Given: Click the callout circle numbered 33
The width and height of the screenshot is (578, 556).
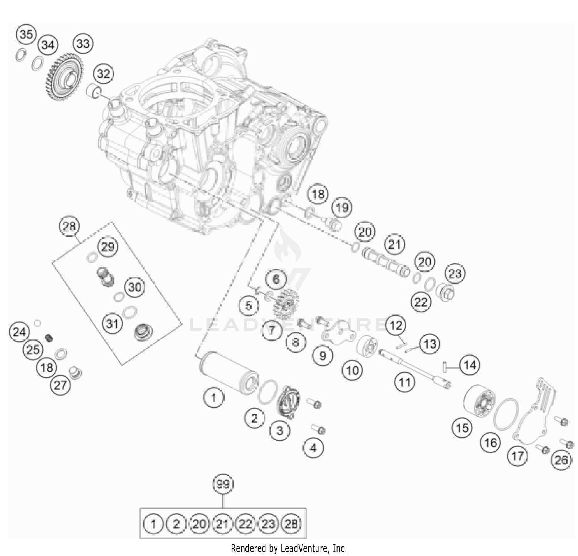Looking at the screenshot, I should (83, 43).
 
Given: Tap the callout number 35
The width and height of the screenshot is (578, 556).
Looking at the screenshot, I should (26, 34).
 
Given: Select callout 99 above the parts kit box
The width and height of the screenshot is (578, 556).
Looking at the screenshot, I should (223, 484).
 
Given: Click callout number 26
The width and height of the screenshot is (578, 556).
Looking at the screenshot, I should (561, 460).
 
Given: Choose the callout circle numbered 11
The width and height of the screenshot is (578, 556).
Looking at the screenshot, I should (405, 382).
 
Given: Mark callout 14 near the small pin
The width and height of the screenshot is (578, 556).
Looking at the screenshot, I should (470, 365).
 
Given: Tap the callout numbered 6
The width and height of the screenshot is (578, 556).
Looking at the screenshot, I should (276, 279).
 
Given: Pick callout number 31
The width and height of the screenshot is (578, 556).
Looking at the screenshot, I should (112, 323).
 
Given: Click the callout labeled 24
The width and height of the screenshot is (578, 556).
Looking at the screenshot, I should (19, 331).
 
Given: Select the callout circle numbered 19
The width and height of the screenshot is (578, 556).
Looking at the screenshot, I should (342, 208).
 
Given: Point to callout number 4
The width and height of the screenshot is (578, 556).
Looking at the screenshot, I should (313, 448).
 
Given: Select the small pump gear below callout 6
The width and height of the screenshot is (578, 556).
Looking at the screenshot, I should (284, 302).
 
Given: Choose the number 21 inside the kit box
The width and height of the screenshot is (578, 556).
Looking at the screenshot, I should (222, 524).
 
